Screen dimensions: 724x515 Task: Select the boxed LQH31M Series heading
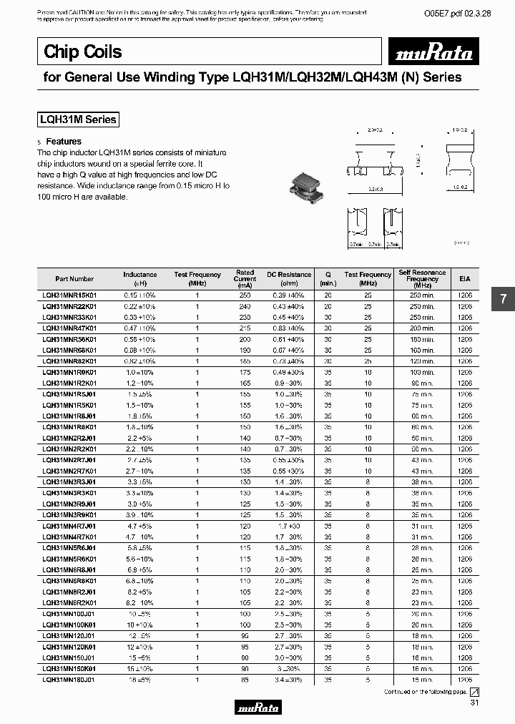[77, 120]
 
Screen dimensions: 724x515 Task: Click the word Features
[64, 142]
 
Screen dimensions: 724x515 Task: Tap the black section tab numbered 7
[503, 299]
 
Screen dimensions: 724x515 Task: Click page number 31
[475, 705]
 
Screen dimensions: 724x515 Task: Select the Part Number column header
[74, 279]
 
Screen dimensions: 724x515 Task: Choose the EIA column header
[465, 279]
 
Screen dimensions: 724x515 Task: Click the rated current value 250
[245, 295]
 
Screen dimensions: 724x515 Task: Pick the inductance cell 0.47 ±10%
[140, 328]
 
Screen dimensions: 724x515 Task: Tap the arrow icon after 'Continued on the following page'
[474, 693]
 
